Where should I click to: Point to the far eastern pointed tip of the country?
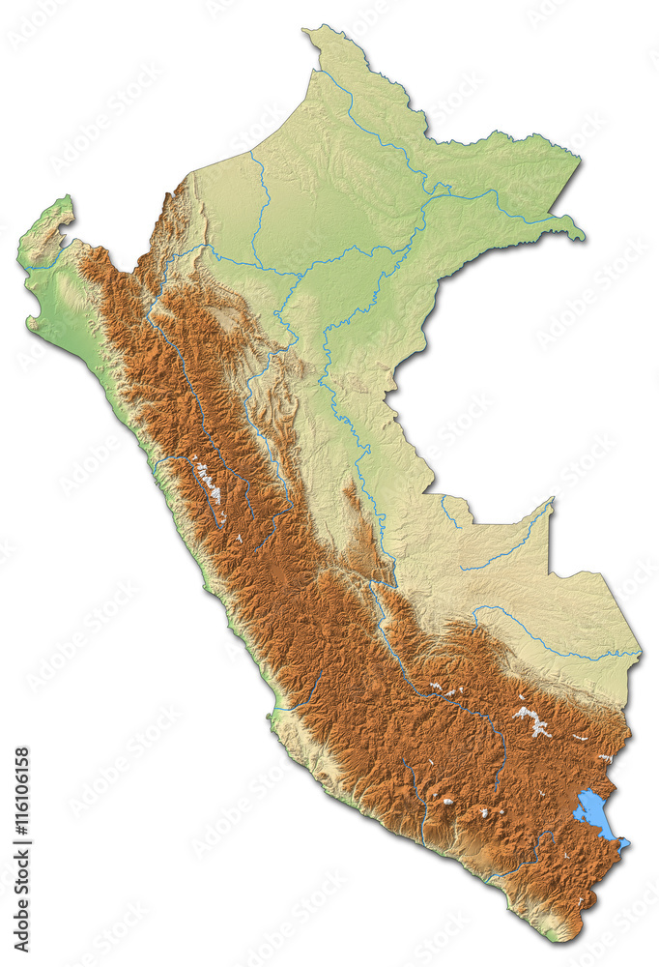[x=583, y=237]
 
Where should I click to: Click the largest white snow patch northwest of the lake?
[x=530, y=718]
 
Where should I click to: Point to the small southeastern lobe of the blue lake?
[x=622, y=843]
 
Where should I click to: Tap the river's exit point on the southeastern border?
[x=637, y=654]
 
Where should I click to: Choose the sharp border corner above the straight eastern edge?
[x=552, y=500]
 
